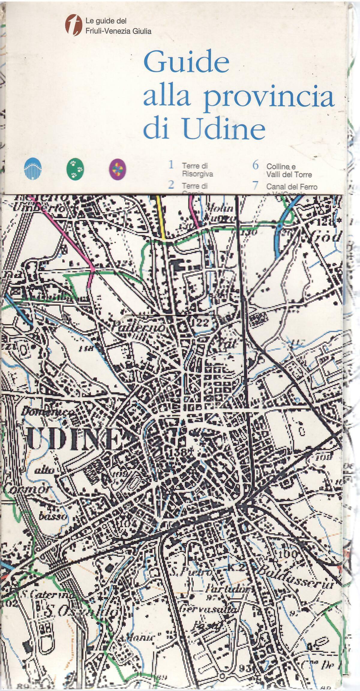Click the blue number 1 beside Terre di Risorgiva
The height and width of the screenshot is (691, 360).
tap(171, 165)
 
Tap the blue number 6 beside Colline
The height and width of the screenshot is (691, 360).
tap(255, 165)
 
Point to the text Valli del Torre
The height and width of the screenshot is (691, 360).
tap(289, 175)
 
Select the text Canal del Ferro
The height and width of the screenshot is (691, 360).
tap(292, 187)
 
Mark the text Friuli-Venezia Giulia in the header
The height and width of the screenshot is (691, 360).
tap(118, 31)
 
